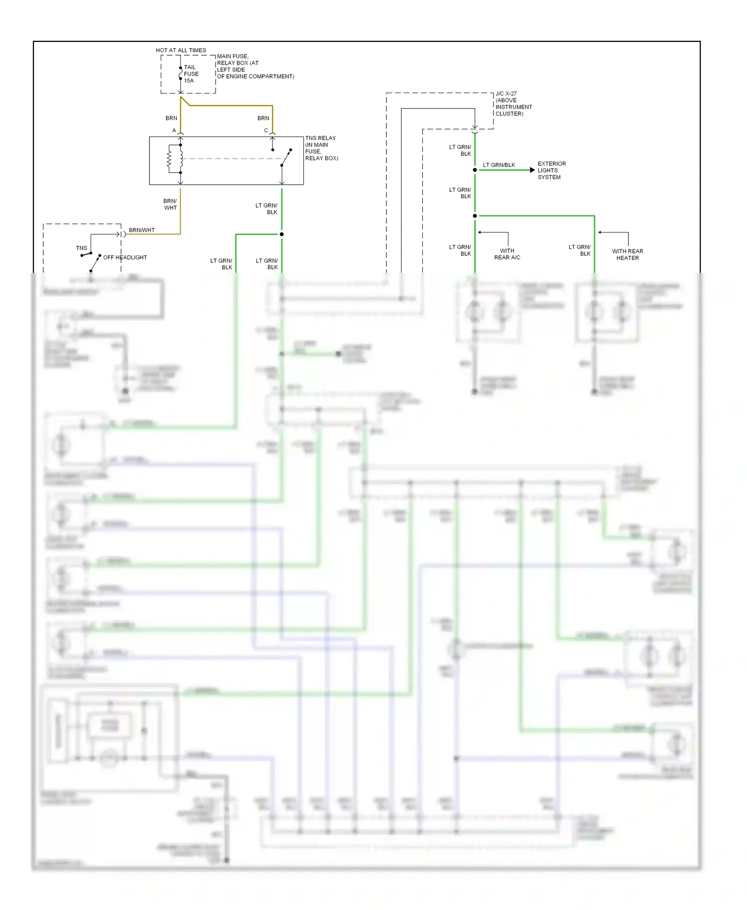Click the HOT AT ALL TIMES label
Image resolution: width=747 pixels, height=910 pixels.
pos(181,50)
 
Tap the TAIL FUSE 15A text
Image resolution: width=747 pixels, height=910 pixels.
pos(191,74)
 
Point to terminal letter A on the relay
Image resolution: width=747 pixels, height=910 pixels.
pos(174,130)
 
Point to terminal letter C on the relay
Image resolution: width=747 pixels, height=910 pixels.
pos(266,130)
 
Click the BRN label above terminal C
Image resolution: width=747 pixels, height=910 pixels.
pos(263,118)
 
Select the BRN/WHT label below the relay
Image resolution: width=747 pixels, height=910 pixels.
pos(170,205)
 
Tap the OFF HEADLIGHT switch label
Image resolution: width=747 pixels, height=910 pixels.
pos(125,257)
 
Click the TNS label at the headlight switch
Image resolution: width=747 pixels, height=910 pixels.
pos(81,248)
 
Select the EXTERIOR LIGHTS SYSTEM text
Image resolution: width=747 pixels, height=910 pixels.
pos(551,170)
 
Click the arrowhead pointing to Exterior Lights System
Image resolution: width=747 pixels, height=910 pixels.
pos(532,170)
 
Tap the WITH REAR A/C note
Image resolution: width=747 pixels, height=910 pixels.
pos(507,254)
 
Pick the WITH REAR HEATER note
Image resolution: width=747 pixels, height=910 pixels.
pos(627,254)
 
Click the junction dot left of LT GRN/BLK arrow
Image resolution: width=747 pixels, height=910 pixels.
pos(475,170)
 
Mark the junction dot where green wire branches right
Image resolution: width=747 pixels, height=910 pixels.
pos(475,216)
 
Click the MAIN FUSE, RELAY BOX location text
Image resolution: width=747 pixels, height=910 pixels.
pos(255,66)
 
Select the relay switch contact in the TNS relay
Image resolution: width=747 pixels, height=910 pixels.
pos(286,158)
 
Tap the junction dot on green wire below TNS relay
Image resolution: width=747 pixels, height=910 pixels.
pos(281,234)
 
